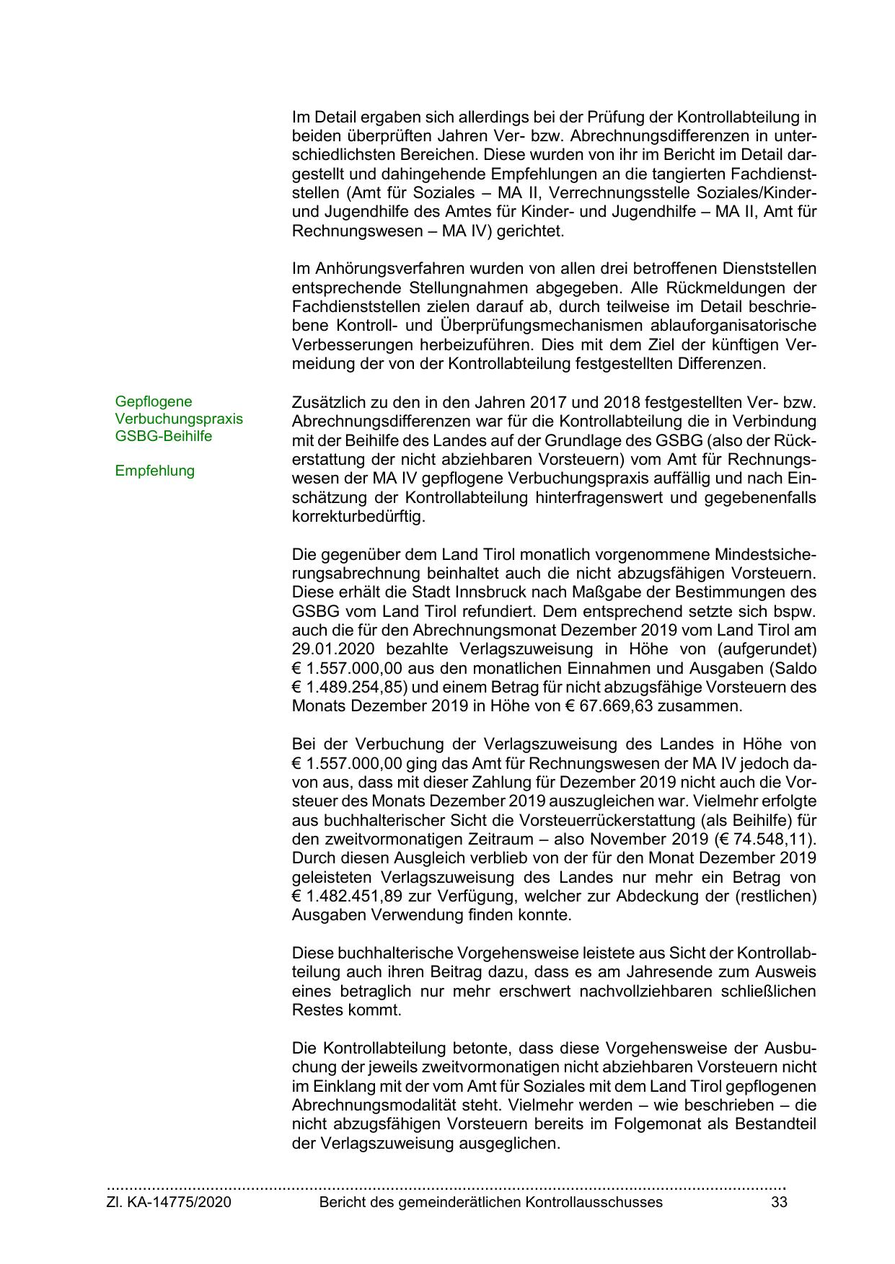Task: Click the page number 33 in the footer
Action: point(779,1202)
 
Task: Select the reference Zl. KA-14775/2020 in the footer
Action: point(169,1202)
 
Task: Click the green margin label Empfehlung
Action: point(154,471)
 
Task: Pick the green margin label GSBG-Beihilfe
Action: point(164,436)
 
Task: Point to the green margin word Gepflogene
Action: point(154,401)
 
